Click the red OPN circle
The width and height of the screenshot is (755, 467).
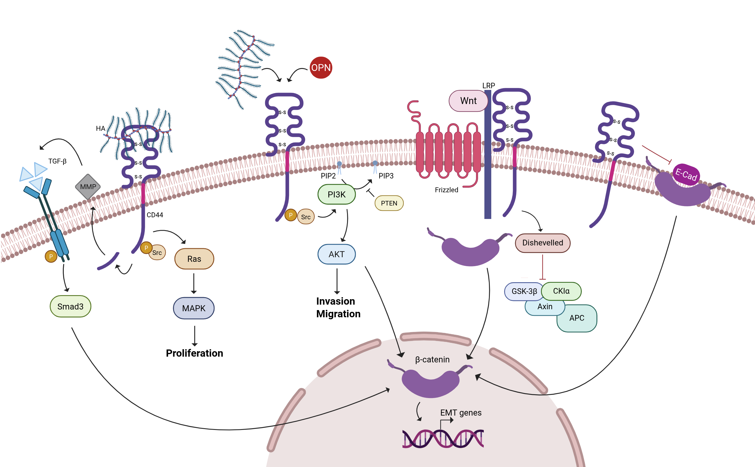[321, 68]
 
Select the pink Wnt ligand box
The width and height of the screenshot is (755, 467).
[468, 101]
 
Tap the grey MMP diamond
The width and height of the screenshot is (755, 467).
[88, 187]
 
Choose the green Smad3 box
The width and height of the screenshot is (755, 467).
[70, 306]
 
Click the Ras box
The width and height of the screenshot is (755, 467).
[194, 259]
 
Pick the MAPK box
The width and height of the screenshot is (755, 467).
[194, 308]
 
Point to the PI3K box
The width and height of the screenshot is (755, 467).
[336, 195]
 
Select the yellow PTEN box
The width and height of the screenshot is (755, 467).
[389, 203]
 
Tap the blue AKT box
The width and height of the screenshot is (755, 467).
[336, 254]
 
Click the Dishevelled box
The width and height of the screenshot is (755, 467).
[542, 243]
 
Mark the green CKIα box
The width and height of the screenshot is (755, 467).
[561, 291]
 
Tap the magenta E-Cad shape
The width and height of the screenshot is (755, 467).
[686, 174]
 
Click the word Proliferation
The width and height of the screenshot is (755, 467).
[194, 353]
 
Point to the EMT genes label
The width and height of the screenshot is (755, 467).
[461, 413]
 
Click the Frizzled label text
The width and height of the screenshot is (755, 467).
[446, 190]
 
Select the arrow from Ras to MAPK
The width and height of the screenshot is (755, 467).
[194, 283]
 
